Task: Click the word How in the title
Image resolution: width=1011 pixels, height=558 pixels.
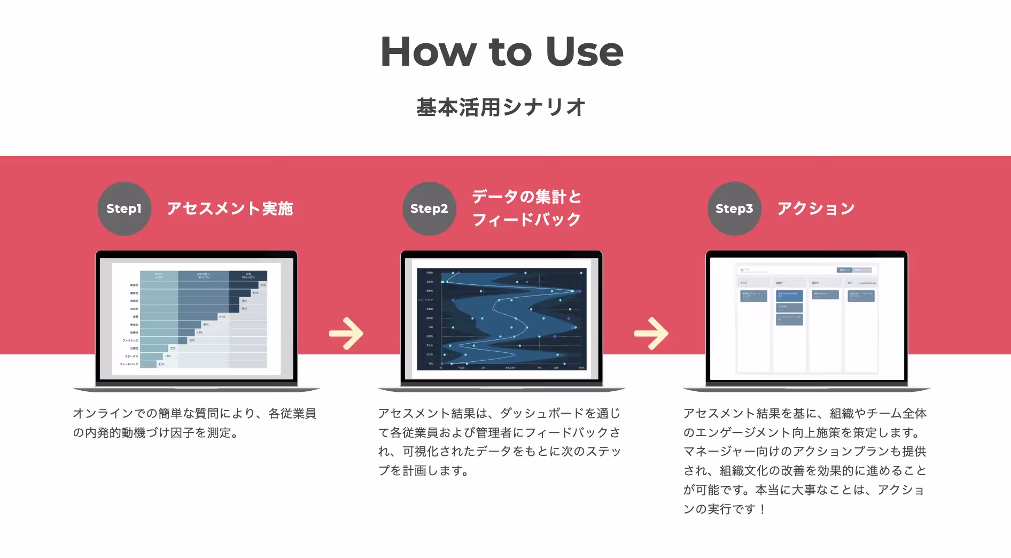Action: [x=428, y=52]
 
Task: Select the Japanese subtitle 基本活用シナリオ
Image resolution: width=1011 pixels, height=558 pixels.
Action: [x=501, y=107]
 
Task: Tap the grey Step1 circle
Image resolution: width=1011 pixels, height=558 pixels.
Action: [x=124, y=208]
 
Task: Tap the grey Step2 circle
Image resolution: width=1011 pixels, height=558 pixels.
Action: [x=429, y=208]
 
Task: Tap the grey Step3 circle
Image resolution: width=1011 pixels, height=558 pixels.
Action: [x=734, y=208]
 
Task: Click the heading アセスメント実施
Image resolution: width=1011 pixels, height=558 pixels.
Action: [x=230, y=208]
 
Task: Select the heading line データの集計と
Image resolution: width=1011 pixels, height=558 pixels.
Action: [x=526, y=197]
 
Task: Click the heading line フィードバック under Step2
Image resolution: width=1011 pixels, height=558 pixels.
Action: [x=526, y=220]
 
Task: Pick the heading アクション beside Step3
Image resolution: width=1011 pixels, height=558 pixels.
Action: [x=816, y=208]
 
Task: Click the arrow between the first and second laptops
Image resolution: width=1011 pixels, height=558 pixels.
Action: [x=346, y=334]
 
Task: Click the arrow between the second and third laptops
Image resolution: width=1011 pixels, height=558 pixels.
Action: [x=651, y=334]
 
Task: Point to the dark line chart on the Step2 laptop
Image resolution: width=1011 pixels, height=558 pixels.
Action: [x=501, y=319]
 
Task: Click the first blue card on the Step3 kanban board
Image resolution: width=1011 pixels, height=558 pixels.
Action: [x=753, y=296]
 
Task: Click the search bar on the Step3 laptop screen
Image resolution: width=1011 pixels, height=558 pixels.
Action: [x=786, y=270]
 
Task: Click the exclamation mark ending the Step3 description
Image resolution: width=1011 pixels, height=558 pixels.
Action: [x=762, y=509]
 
